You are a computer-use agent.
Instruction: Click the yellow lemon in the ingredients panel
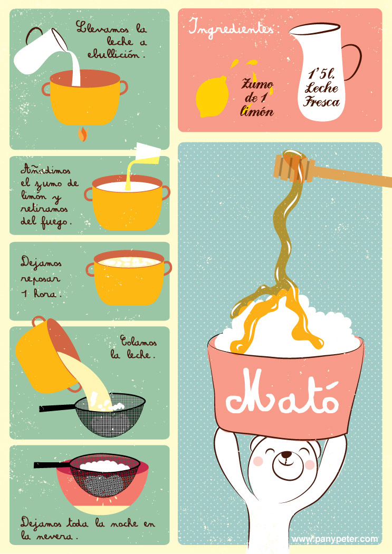click(x=212, y=96)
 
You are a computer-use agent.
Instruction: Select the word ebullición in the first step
click(x=117, y=54)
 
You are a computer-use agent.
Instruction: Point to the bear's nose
click(x=286, y=454)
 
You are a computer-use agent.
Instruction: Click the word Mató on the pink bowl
click(x=282, y=393)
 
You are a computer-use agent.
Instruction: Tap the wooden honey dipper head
click(x=294, y=167)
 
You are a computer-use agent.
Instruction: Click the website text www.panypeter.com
click(x=334, y=539)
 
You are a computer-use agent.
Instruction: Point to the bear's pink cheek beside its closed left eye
click(x=259, y=461)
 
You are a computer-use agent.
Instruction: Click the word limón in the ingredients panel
click(x=257, y=111)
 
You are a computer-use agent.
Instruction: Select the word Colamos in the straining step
click(x=138, y=341)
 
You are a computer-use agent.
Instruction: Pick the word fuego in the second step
click(x=56, y=222)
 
